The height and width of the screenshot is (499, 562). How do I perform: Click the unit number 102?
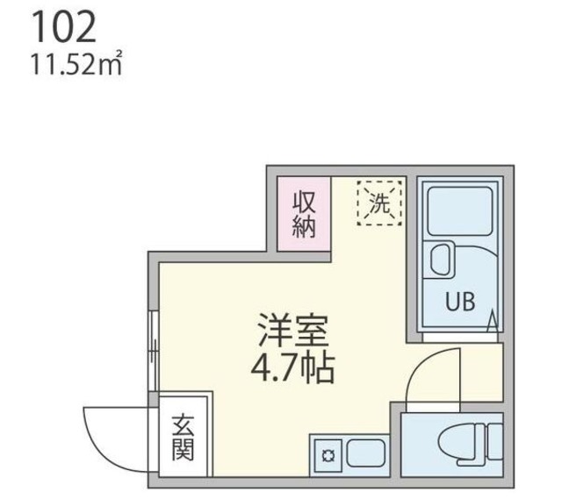[63, 29]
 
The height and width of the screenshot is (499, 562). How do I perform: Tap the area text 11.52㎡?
[74, 66]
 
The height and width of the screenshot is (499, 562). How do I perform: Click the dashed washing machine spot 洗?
[378, 203]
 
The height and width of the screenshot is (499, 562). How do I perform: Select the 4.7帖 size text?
[292, 368]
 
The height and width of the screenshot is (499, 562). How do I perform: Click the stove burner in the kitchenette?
[328, 454]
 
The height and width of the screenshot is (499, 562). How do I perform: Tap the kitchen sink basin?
[367, 453]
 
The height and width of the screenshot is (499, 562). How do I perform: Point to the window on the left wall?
[154, 351]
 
